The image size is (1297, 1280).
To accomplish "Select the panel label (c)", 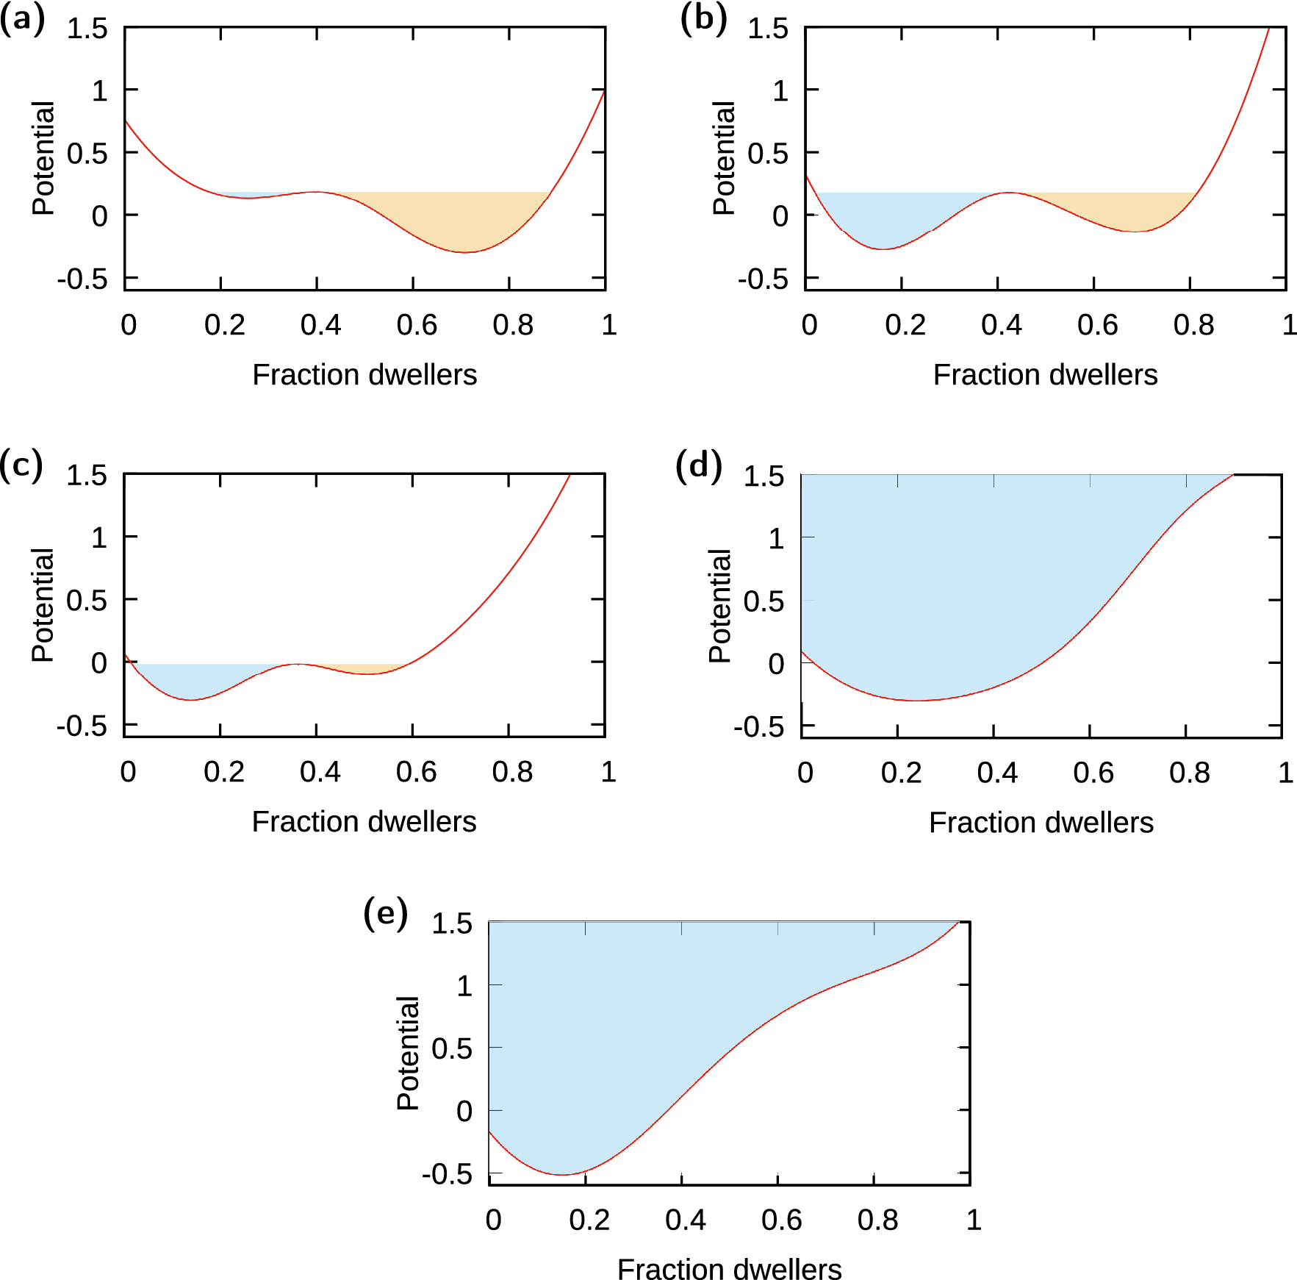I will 21,466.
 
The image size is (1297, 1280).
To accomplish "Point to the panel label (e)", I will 385,914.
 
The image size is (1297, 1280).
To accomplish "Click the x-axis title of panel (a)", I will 364,375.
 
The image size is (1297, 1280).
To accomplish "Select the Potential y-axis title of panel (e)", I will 408,1053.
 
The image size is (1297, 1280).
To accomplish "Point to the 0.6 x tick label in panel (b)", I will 1097,325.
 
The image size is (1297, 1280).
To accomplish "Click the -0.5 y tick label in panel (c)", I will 82,726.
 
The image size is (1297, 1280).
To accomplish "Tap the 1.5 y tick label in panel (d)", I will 764,476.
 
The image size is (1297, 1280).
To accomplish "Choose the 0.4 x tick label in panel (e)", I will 685,1220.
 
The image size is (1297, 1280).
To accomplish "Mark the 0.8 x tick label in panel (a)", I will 513,325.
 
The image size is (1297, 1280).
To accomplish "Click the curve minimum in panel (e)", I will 562,1174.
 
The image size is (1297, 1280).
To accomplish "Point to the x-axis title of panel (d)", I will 1041,823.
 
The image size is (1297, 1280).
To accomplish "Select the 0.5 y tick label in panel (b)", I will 767,154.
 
